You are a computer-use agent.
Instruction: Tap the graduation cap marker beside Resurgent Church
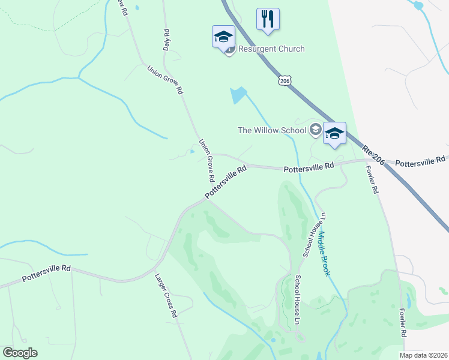click(223, 37)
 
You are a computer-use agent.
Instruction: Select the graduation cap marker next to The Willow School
click(334, 133)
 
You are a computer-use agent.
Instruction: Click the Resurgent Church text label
click(271, 49)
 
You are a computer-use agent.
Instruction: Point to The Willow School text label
click(272, 130)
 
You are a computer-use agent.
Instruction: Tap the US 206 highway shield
click(285, 80)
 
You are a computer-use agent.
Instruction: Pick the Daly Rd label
click(167, 39)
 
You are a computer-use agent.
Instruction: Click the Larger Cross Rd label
click(166, 296)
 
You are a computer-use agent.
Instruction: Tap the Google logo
click(20, 353)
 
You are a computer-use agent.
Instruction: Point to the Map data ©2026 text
click(423, 355)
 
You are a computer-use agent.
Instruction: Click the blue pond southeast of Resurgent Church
click(238, 95)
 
